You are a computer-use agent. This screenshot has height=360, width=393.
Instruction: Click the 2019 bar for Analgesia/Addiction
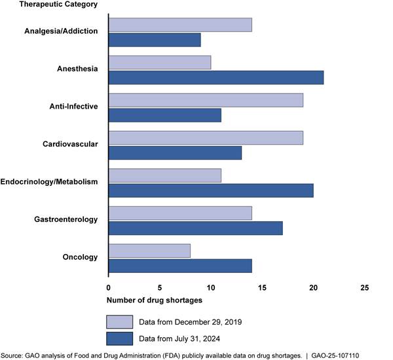tap(180, 25)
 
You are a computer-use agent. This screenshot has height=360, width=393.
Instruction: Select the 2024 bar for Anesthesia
tap(215, 77)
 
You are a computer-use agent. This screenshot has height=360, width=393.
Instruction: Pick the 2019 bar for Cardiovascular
tap(206, 137)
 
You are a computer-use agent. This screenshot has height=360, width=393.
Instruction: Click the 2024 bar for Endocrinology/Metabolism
tap(211, 190)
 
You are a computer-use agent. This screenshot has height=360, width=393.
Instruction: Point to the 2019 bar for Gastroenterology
tap(180, 213)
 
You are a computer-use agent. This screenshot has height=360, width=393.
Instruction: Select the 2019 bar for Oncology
tap(149, 251)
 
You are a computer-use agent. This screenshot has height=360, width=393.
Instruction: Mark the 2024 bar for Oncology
tap(180, 266)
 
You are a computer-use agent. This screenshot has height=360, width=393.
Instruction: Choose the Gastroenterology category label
tap(65, 219)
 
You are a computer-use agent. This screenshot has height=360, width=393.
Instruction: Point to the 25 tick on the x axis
tap(365, 287)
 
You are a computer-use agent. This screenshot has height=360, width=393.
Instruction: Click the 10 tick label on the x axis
tap(211, 287)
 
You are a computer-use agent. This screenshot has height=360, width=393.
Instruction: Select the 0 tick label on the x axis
tap(109, 287)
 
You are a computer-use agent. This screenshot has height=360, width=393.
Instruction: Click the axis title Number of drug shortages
tap(155, 300)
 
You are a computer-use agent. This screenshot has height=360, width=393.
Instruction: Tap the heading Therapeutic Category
tap(49, 5)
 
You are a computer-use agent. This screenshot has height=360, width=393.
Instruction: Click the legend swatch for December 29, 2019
tap(120, 321)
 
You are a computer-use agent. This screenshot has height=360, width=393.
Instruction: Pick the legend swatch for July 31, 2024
tap(120, 338)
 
